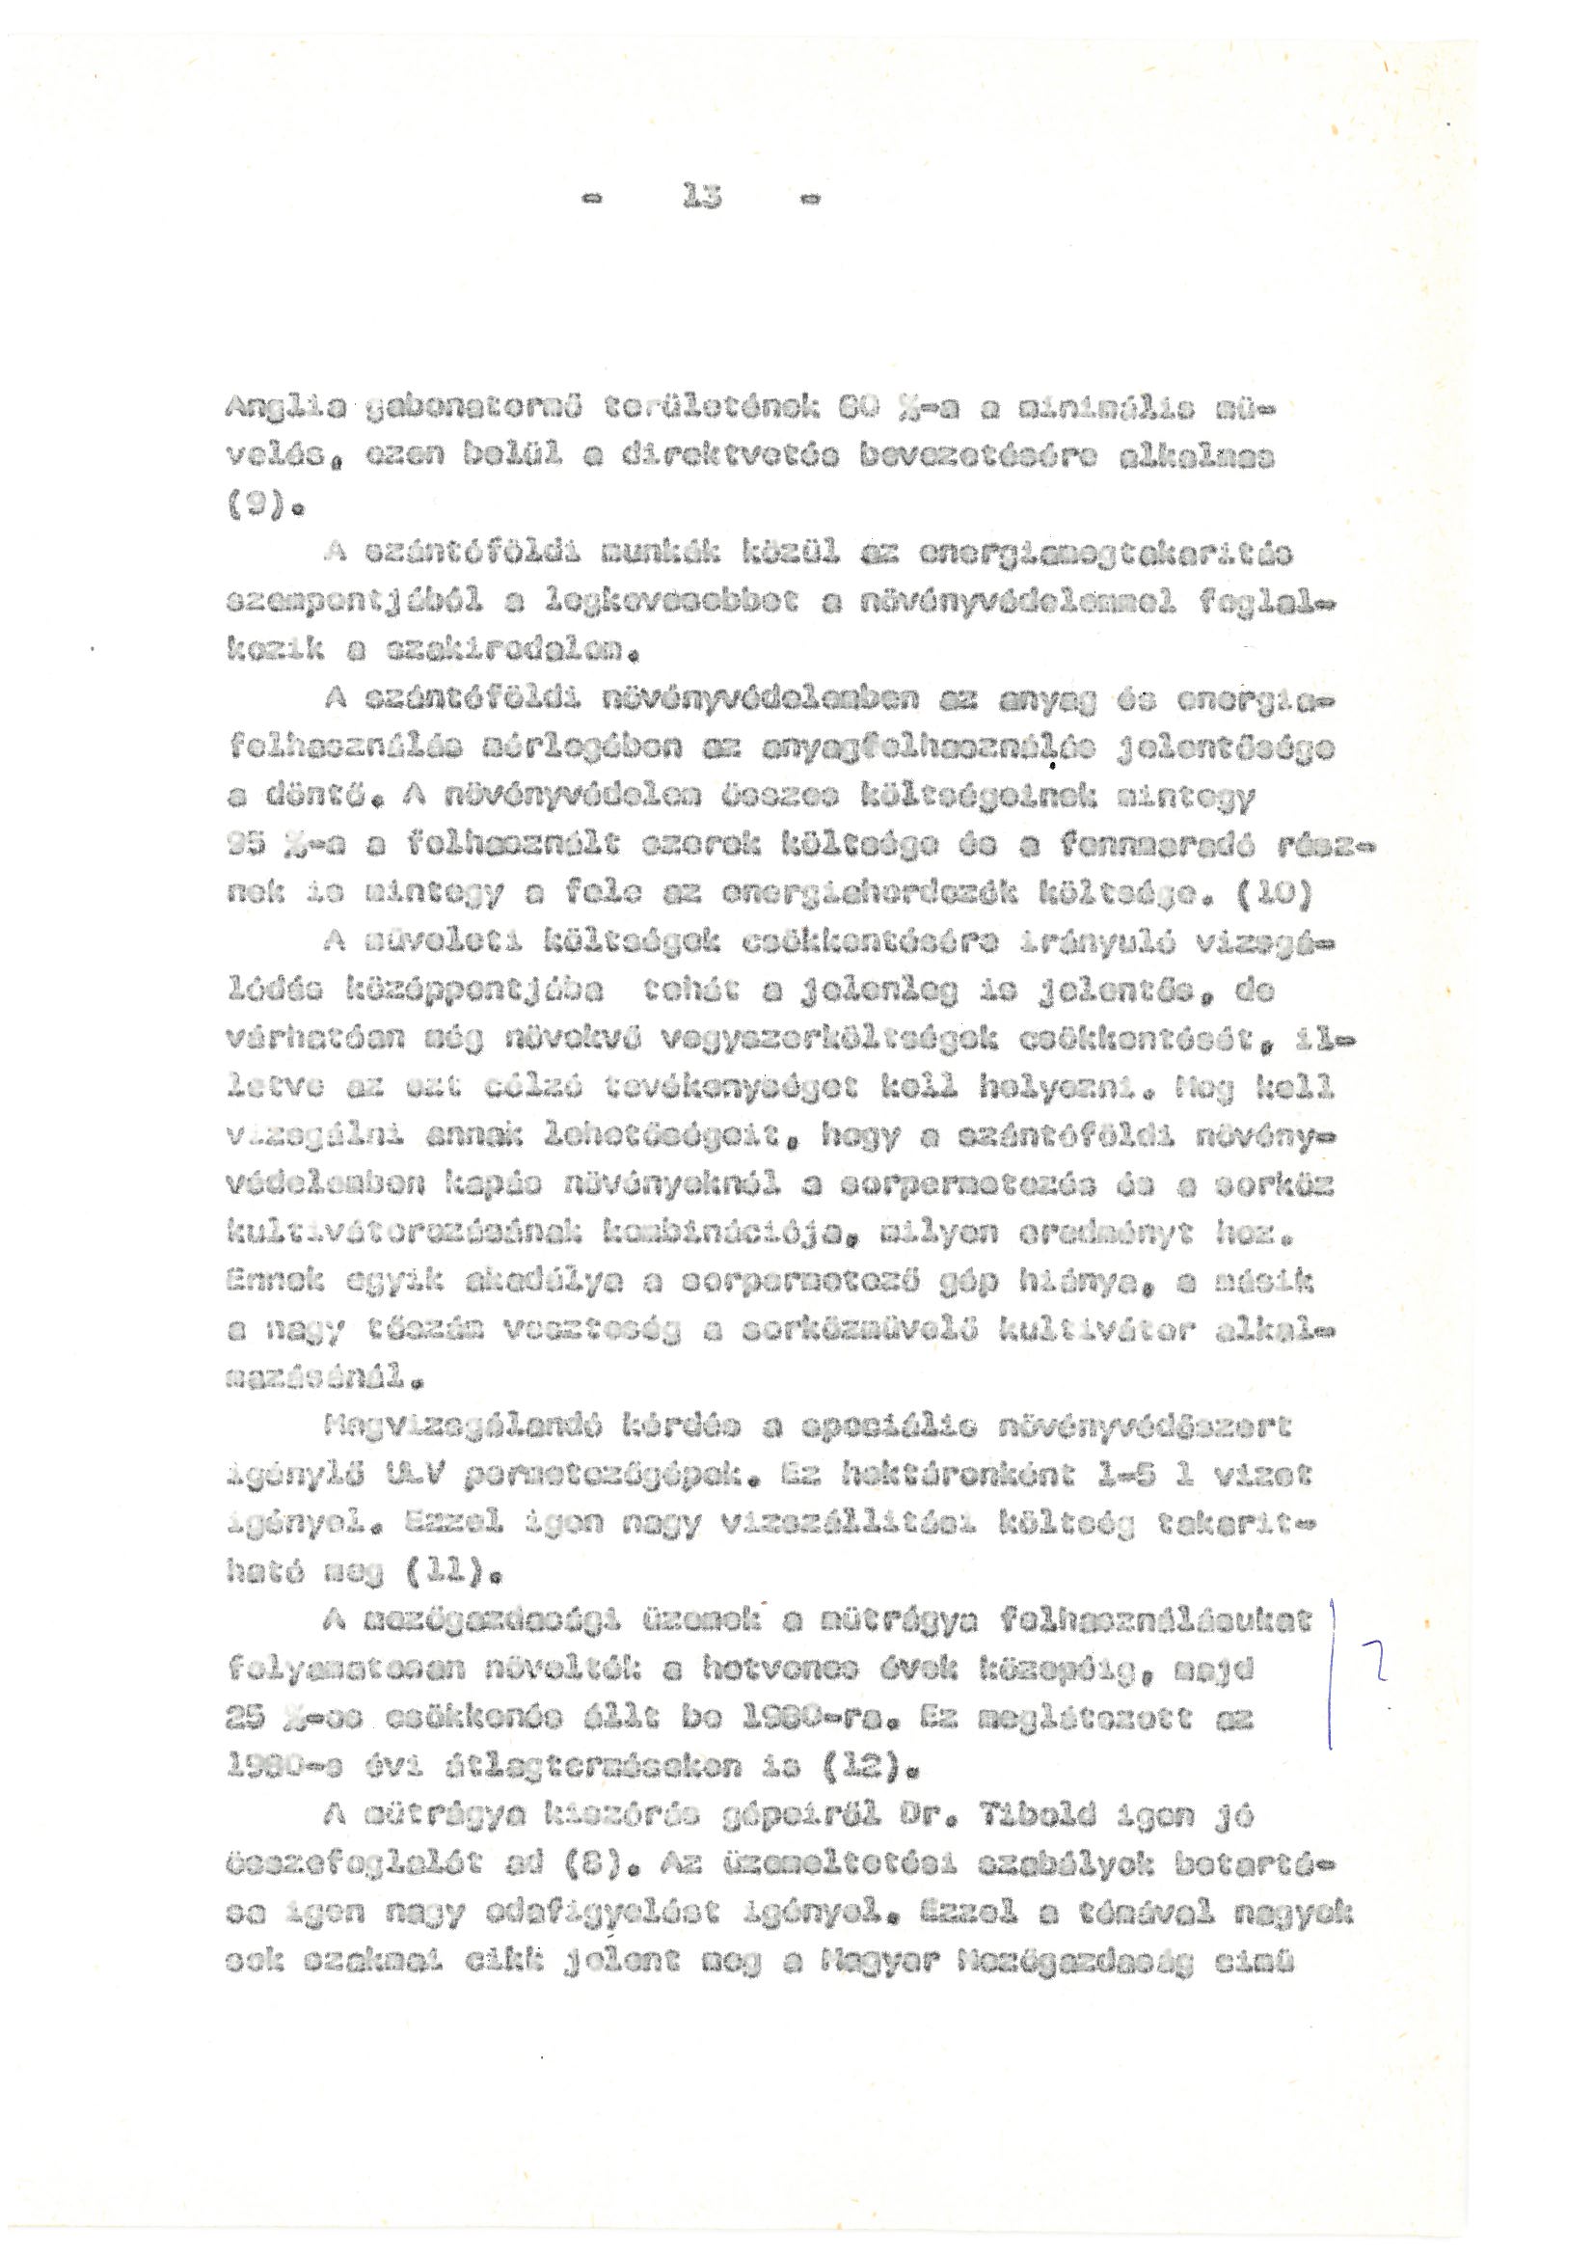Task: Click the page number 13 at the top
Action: pos(700,199)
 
